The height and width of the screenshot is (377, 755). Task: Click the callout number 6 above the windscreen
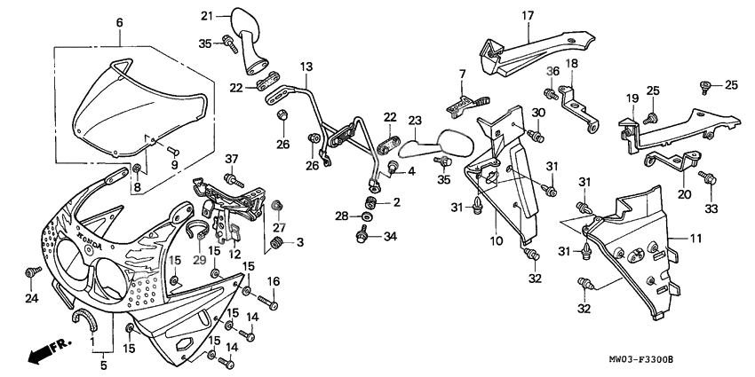(120, 22)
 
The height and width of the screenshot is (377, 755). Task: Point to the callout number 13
(306, 67)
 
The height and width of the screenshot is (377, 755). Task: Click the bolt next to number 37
(236, 179)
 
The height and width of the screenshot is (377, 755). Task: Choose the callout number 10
(495, 240)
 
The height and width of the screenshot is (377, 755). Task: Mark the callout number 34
(390, 236)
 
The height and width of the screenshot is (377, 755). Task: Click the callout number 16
(274, 281)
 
